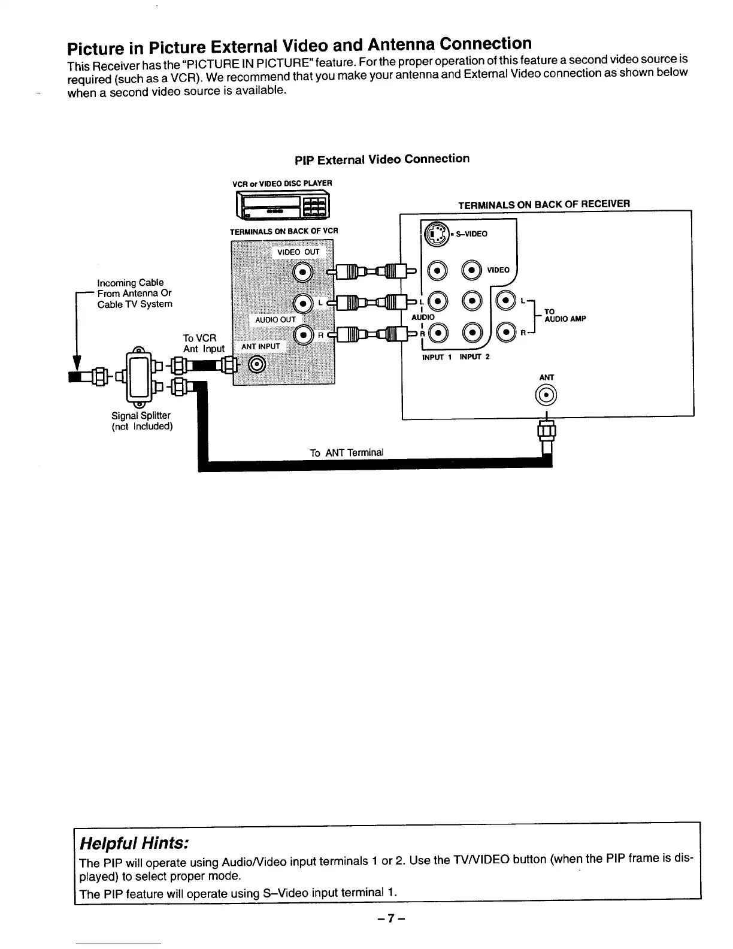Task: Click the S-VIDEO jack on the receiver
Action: [436, 234]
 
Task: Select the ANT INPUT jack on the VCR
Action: [258, 364]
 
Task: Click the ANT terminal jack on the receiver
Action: [547, 395]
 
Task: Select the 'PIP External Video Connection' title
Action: [382, 159]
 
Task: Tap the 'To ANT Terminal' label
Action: [346, 452]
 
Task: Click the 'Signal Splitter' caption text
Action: [141, 415]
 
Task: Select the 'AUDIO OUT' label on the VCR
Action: [275, 319]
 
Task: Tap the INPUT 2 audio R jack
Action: [473, 333]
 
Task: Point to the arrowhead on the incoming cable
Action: [77, 363]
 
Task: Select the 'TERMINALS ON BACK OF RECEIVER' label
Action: [544, 204]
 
